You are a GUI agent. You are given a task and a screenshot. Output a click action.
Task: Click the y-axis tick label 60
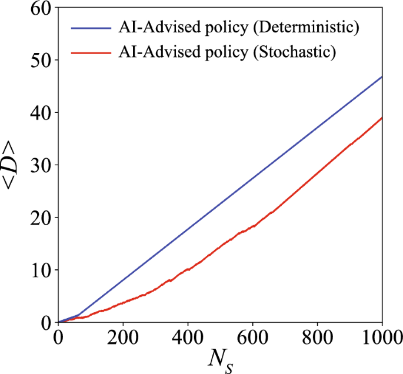click(x=39, y=8)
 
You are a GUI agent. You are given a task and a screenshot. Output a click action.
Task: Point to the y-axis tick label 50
click(x=39, y=61)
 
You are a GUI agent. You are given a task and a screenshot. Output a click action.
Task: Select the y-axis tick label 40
click(x=39, y=113)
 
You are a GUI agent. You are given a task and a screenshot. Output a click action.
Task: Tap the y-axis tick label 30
click(x=39, y=165)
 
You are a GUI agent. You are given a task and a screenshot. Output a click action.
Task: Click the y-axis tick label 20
click(x=39, y=218)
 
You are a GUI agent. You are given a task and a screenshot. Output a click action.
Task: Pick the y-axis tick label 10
click(x=39, y=270)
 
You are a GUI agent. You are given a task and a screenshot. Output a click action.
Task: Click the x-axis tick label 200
click(x=123, y=338)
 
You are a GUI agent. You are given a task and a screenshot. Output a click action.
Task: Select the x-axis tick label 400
click(x=188, y=338)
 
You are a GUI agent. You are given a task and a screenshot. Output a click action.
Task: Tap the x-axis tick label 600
click(x=252, y=338)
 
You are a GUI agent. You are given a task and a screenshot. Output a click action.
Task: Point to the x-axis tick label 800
click(x=318, y=338)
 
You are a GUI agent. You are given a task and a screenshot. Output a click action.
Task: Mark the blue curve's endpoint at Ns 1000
click(x=382, y=77)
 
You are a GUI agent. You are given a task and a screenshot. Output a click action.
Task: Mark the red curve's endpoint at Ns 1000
click(x=382, y=118)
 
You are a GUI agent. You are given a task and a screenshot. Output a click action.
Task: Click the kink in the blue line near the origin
click(x=79, y=315)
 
